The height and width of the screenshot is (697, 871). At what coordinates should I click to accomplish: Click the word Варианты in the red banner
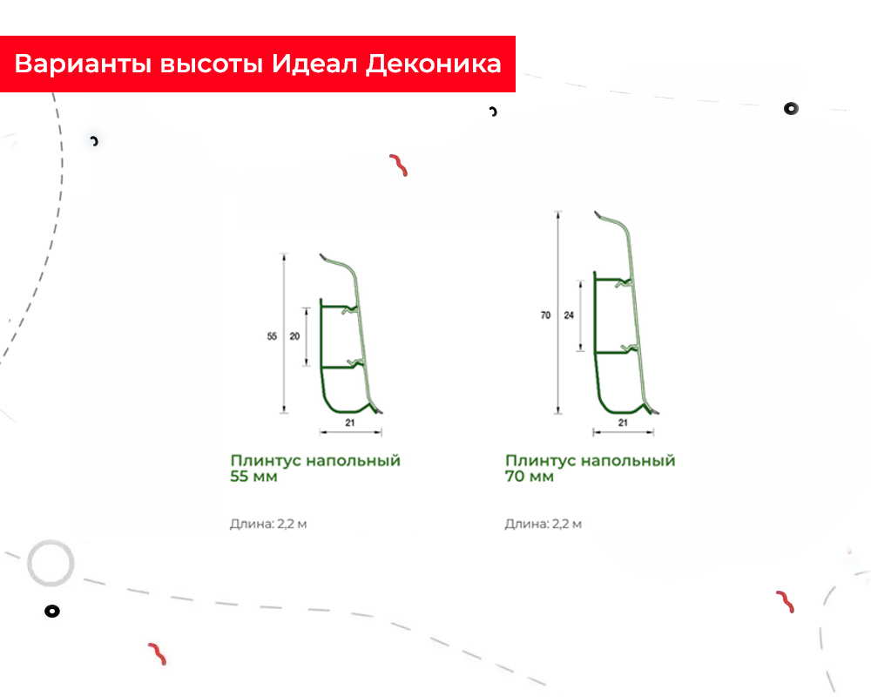83,64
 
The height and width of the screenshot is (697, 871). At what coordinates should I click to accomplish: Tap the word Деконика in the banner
433,64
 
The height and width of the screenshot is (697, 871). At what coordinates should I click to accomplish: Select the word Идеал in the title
314,64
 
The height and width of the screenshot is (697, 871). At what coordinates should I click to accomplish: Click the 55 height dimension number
272,336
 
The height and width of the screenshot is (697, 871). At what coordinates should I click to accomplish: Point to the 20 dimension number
294,336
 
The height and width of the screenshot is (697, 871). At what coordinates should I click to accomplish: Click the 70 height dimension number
545,315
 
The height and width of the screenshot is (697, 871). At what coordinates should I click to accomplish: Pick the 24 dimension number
569,315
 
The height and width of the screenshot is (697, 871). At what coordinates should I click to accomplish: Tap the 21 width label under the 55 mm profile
350,423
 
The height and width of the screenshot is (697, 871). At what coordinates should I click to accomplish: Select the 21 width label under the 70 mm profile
623,423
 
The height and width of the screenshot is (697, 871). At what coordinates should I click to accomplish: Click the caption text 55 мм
253,477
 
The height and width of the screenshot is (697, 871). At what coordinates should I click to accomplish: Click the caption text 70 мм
529,477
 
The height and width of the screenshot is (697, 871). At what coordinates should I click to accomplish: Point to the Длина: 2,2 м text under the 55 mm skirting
268,524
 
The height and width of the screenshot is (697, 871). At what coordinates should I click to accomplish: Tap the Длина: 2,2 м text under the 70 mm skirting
544,524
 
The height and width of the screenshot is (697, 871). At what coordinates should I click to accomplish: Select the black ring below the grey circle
52,612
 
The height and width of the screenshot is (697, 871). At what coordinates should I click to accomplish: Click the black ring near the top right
791,108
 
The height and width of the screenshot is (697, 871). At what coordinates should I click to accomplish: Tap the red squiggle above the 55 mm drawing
399,165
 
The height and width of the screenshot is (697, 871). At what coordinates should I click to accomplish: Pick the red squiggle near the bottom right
785,601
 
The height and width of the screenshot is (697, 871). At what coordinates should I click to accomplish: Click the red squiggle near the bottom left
157,653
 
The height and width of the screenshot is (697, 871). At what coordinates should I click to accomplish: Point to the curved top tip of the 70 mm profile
596,213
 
